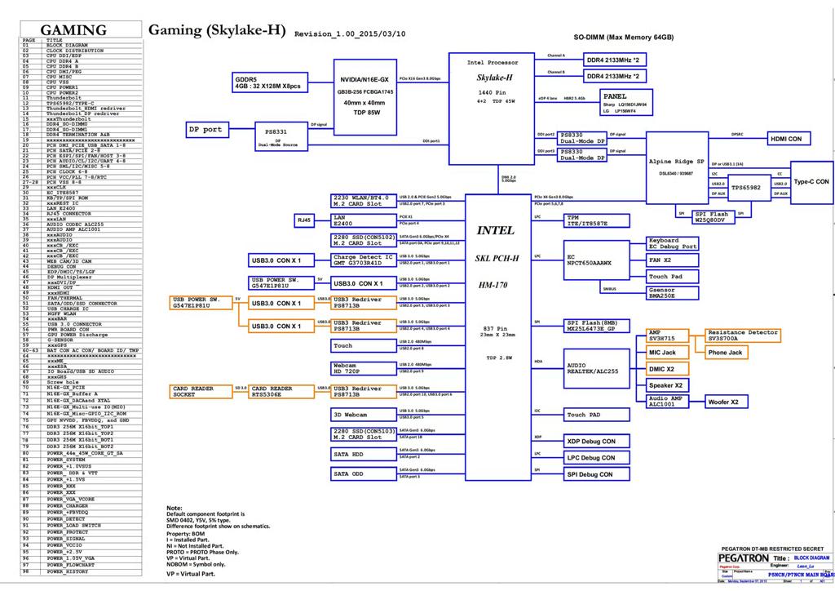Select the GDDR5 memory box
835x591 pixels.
tap(268, 82)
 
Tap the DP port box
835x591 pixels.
tap(207, 129)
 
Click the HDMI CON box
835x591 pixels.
tap(786, 139)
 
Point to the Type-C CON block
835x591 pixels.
tap(811, 181)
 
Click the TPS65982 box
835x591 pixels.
tap(745, 188)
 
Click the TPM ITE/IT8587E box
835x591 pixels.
tap(597, 220)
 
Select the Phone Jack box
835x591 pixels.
tap(725, 353)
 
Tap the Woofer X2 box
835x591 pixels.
tap(722, 402)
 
